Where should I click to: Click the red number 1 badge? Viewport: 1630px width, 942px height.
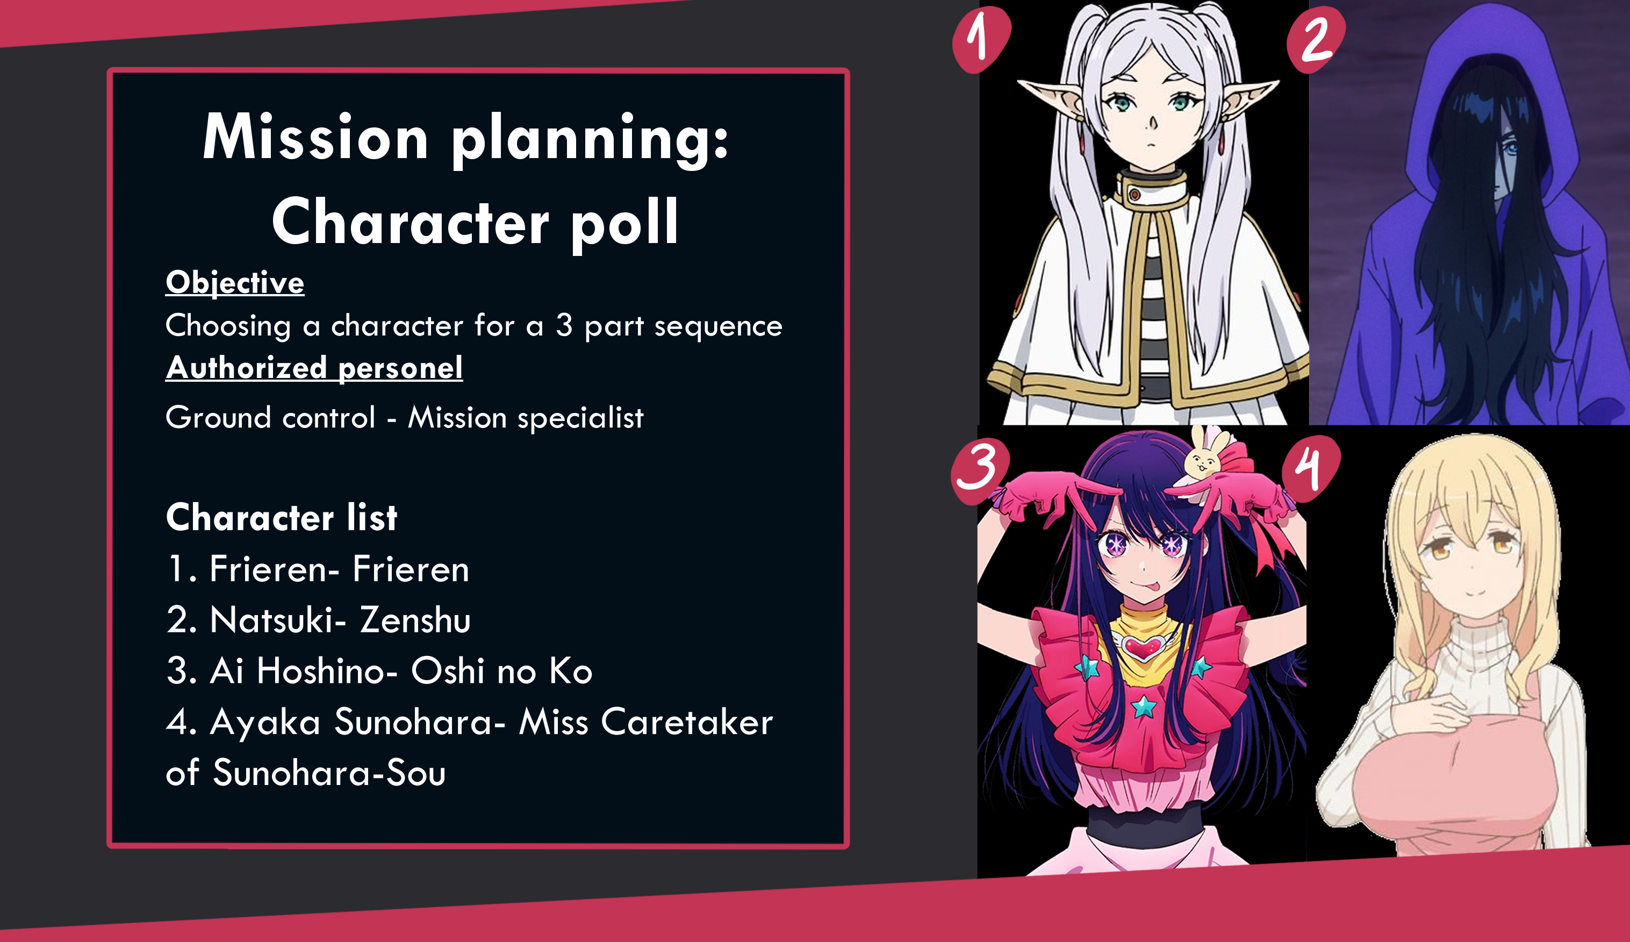pos(981,39)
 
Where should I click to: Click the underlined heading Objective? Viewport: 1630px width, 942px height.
pos(235,283)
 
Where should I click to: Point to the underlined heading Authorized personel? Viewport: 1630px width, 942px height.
pos(314,368)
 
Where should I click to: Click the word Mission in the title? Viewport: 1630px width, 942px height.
pos(315,137)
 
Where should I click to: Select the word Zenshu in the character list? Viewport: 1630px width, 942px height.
pos(415,620)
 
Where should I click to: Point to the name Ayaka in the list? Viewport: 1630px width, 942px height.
pos(265,722)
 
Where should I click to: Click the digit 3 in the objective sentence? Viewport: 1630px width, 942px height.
pos(564,325)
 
